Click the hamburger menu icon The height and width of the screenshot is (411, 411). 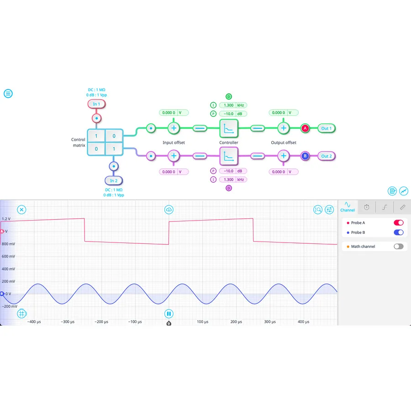point(8,94)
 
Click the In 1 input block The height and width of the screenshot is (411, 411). point(96,104)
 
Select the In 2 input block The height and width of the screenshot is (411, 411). point(113,181)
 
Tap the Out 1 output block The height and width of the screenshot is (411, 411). point(326,128)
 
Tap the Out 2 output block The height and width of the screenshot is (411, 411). point(326,156)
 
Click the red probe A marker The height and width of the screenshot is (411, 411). point(306,128)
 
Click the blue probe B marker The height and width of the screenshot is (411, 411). point(306,156)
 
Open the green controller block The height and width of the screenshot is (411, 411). point(229,128)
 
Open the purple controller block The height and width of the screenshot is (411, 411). point(229,156)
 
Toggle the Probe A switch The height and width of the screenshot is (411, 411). point(398,223)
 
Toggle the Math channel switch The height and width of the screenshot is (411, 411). point(398,247)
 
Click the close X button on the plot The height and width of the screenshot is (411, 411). point(22,210)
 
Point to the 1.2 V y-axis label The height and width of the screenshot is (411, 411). point(6,219)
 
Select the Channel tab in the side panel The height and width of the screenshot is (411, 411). point(348,207)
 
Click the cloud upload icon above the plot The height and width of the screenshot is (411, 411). point(169,210)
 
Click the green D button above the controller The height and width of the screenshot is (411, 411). point(229,96)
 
